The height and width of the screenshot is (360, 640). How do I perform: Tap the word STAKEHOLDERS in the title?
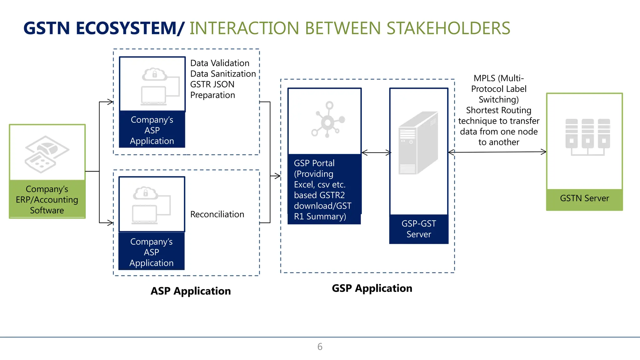click(x=448, y=28)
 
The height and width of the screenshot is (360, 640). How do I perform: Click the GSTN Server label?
click(x=584, y=198)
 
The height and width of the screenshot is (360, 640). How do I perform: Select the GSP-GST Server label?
click(x=419, y=229)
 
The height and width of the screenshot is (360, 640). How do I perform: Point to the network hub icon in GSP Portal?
click(x=327, y=120)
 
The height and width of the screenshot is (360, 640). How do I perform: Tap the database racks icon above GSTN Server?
click(x=587, y=136)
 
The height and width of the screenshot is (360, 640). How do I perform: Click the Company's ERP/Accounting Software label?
click(x=47, y=200)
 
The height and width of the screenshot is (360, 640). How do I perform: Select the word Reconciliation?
click(x=217, y=214)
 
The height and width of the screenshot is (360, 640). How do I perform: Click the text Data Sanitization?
click(x=223, y=74)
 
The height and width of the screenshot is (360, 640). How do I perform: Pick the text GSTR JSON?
click(x=212, y=84)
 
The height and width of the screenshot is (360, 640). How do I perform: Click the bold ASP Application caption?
click(x=191, y=291)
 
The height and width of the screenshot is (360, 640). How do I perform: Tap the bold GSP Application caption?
click(x=372, y=288)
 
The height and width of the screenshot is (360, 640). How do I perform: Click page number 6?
click(x=320, y=347)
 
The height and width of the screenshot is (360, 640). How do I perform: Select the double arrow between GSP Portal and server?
click(x=376, y=153)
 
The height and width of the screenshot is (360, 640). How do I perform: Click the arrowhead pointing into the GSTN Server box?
click(x=544, y=152)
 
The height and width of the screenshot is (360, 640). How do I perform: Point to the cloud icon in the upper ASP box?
click(x=154, y=74)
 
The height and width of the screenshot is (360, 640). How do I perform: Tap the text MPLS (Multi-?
click(x=498, y=78)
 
